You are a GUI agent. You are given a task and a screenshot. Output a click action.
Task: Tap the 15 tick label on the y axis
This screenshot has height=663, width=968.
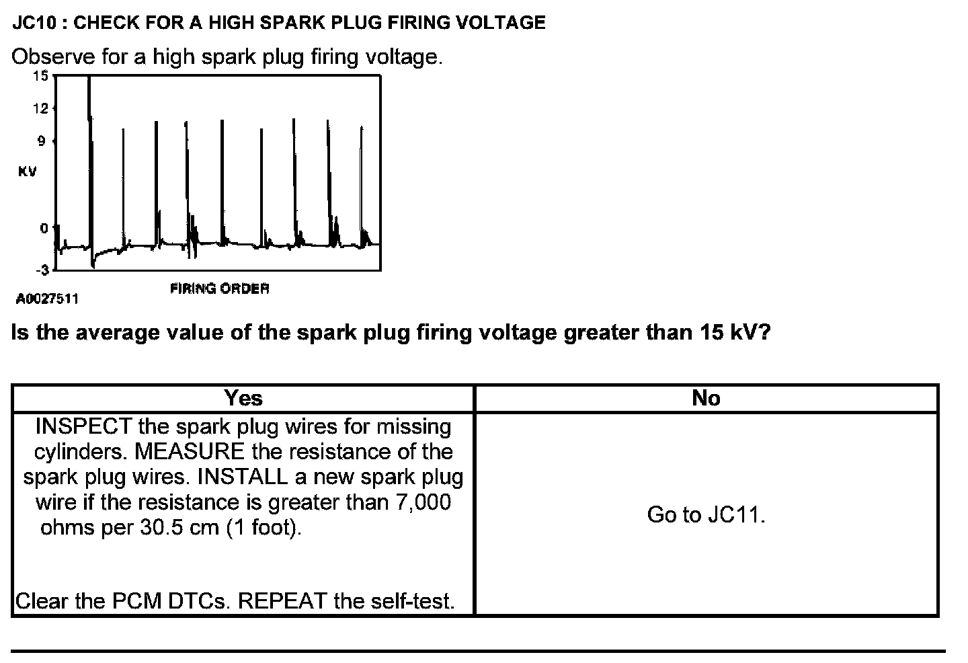tap(41, 75)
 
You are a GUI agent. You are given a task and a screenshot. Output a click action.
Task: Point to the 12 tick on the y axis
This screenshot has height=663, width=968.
tap(41, 108)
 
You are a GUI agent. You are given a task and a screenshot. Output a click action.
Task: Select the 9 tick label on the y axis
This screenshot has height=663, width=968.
tap(41, 141)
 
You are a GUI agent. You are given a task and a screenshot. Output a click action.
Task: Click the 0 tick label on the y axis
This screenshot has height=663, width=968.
tap(44, 228)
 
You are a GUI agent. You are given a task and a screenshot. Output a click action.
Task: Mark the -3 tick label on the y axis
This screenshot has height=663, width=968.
tap(42, 270)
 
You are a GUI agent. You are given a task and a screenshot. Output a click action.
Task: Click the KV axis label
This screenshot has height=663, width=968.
tap(28, 171)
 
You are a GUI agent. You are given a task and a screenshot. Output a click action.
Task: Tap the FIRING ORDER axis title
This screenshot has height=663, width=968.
tap(220, 288)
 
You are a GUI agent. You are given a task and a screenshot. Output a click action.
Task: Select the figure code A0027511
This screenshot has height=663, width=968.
tap(47, 299)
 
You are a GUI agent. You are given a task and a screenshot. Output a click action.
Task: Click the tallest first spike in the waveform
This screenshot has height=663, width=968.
tap(89, 121)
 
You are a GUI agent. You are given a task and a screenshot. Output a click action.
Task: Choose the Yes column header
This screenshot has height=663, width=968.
tap(243, 398)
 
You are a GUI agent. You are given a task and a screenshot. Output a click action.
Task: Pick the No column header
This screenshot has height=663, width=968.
tap(706, 398)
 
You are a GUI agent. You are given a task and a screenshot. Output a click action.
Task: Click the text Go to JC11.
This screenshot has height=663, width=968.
tap(706, 515)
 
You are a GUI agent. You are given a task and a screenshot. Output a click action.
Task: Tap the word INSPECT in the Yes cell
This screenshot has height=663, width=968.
tap(83, 426)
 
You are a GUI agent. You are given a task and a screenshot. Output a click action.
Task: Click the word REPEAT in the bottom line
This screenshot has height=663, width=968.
tap(283, 600)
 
